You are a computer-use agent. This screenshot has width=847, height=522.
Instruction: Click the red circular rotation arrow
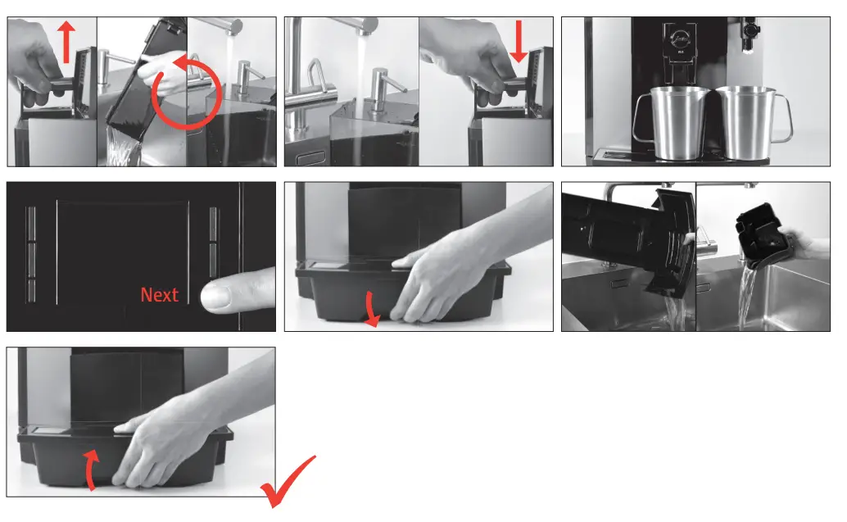(188, 92)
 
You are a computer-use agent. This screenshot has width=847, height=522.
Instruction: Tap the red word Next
(159, 294)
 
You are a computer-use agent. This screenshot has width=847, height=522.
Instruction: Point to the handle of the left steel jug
(638, 115)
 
